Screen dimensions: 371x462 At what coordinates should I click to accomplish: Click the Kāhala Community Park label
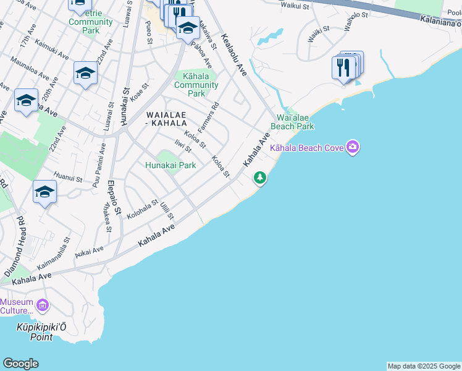196,85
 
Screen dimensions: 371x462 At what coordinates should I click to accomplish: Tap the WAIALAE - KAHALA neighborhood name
171,119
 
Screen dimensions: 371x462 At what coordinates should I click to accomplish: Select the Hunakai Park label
170,165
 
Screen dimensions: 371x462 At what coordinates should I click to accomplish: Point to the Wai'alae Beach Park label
295,122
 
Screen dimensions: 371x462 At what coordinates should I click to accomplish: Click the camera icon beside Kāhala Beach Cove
353,147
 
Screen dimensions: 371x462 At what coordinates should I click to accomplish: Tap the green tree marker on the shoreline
260,178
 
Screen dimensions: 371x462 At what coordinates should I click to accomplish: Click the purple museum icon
43,305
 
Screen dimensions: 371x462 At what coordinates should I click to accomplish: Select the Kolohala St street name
142,208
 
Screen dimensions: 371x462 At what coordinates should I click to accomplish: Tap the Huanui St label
68,177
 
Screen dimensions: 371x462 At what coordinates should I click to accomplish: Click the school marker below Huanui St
45,193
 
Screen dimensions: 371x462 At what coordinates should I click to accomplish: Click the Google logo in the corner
20,364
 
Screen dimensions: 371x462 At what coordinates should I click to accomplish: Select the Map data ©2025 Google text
424,366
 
